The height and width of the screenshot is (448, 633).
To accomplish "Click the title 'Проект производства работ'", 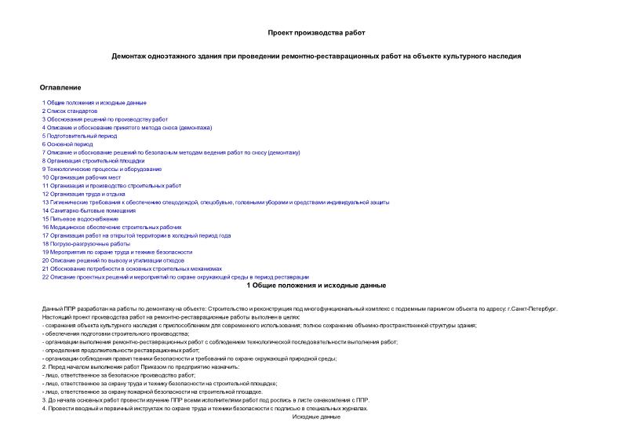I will [x=316, y=32].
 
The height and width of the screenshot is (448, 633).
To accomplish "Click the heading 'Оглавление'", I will [x=60, y=87].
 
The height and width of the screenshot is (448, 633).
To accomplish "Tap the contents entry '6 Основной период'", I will [x=67, y=144].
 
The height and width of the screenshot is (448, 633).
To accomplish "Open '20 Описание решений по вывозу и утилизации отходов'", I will [x=114, y=260].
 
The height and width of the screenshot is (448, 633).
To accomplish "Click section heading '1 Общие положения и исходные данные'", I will [x=316, y=286].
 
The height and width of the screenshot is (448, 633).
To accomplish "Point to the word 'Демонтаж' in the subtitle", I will [x=130, y=56].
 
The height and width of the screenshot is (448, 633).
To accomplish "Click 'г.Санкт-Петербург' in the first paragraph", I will [x=533, y=309].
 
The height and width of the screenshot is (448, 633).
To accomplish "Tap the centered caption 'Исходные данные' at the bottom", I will [x=316, y=417].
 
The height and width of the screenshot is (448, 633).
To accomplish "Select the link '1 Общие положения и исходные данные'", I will [x=94, y=103].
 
